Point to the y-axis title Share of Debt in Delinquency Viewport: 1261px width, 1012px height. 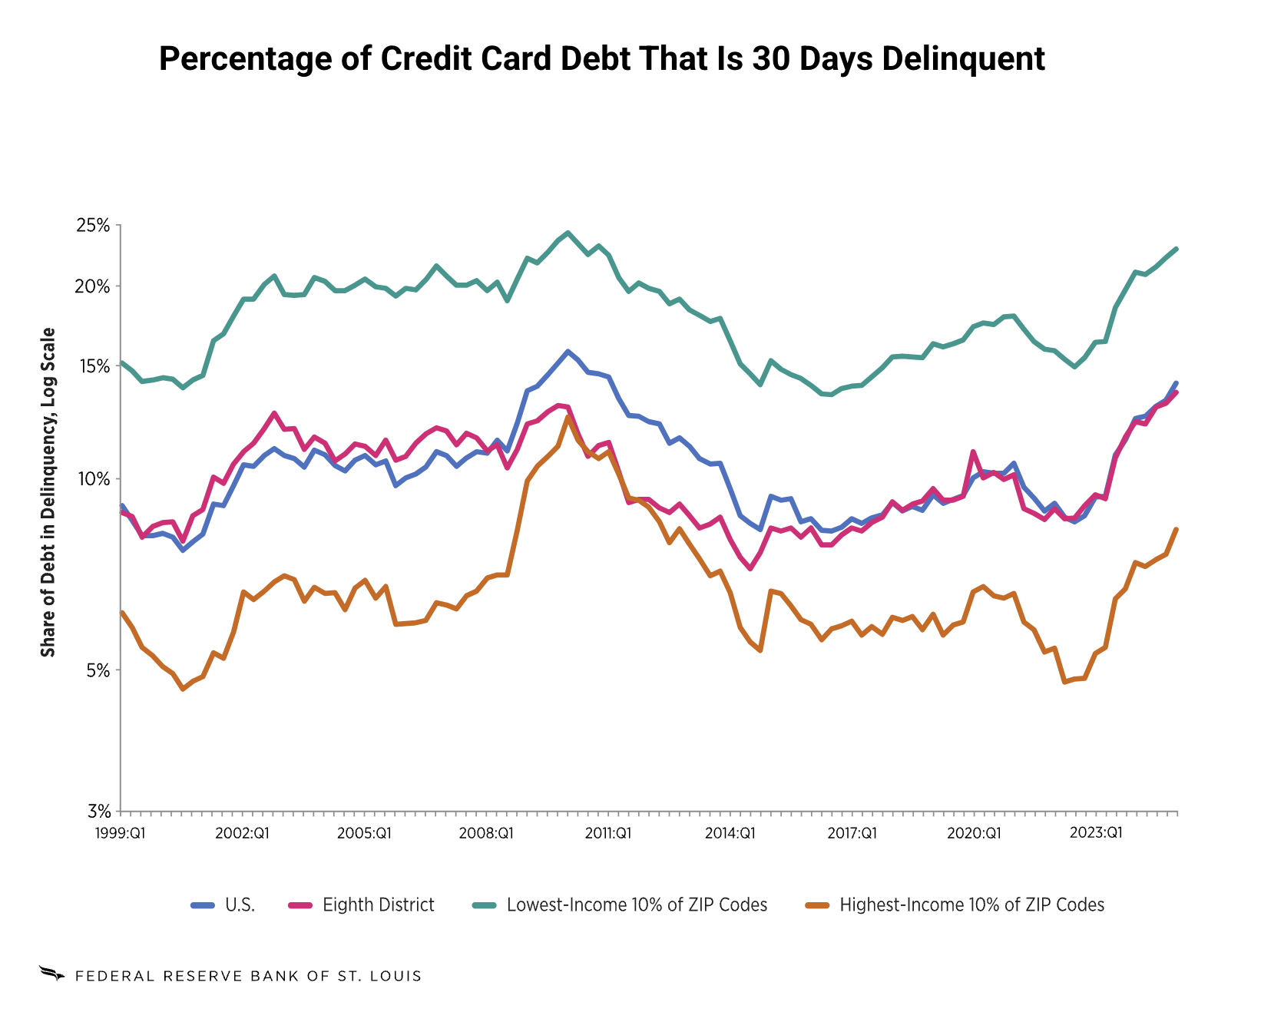[x=48, y=492]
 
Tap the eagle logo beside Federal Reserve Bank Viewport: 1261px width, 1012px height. [x=52, y=974]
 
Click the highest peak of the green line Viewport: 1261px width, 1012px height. [x=568, y=232]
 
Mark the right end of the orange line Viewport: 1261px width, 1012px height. [x=1177, y=529]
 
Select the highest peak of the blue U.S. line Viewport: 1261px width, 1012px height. [x=568, y=351]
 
